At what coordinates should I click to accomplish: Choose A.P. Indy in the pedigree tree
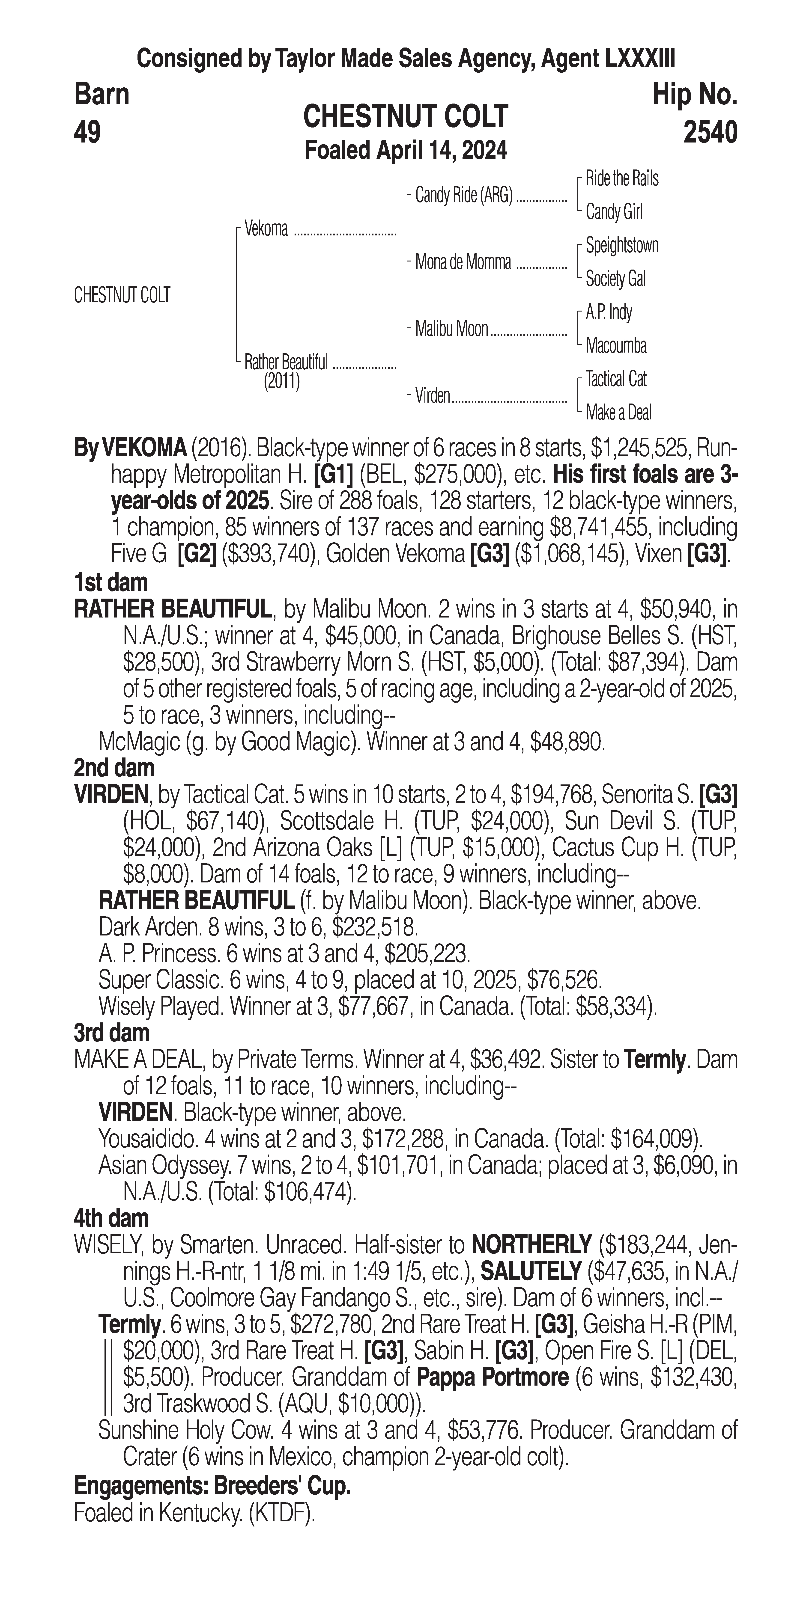[609, 312]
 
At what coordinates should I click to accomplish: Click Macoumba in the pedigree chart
[616, 345]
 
